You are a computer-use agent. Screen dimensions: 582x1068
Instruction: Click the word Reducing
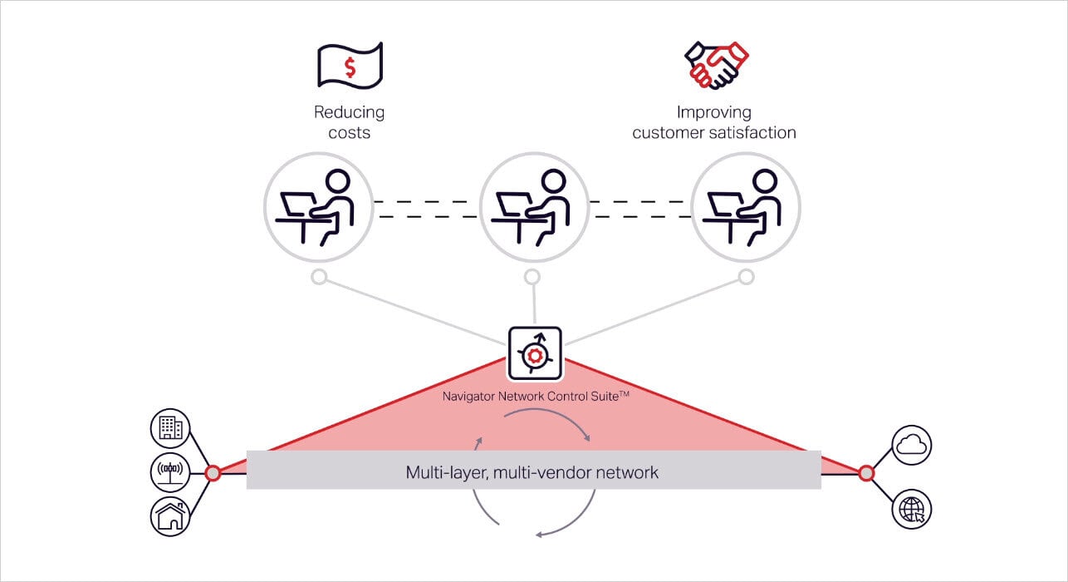[349, 112]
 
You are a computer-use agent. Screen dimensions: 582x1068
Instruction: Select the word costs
[349, 133]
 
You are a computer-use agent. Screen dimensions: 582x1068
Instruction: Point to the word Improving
[713, 112]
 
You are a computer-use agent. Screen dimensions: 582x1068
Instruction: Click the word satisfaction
[756, 133]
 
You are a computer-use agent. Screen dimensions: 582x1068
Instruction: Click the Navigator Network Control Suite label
[535, 397]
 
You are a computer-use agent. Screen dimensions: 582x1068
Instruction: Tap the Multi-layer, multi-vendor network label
[532, 472]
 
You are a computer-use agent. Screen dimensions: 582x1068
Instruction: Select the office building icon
[171, 428]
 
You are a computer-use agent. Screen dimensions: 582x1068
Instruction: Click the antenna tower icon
[171, 472]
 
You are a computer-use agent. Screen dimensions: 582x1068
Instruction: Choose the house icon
[171, 516]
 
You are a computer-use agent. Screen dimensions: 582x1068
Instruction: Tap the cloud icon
[912, 445]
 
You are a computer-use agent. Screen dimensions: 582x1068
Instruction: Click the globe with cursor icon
[912, 509]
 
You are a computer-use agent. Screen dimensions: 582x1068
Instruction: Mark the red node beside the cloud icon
[866, 473]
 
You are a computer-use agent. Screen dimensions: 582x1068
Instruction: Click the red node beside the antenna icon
[213, 473]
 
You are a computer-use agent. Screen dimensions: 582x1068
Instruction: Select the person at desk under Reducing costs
[318, 207]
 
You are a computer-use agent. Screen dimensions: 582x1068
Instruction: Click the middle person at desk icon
[534, 207]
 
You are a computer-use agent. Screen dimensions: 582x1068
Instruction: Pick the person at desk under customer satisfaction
[746, 207]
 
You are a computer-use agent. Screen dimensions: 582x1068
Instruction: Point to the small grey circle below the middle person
[532, 276]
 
